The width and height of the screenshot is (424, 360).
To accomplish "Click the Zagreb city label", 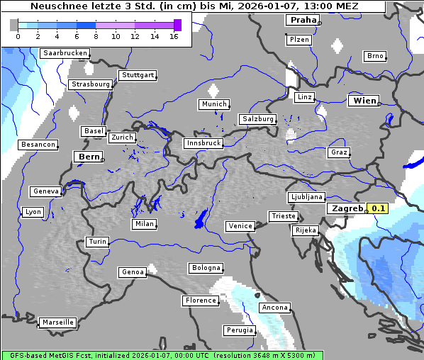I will click(346, 209).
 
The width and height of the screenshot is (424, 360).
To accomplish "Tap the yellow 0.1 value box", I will click(379, 209).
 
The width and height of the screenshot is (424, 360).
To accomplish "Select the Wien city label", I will click(364, 101).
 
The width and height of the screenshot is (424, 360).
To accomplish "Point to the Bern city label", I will click(89, 157).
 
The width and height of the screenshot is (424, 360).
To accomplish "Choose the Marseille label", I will click(57, 322).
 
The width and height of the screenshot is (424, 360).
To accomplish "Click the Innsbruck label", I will click(203, 143).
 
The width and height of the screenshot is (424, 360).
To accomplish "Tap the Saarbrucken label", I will click(65, 53).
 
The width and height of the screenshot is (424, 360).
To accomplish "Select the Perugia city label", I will click(240, 330).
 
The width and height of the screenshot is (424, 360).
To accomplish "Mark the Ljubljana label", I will click(306, 197).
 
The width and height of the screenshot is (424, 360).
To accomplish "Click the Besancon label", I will click(38, 145).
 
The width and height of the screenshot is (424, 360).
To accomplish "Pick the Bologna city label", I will click(206, 268).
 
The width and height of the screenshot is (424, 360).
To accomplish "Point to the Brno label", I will click(375, 56).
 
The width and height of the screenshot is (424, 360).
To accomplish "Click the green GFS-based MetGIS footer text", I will click(162, 355).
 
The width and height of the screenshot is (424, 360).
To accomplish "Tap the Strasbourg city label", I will click(91, 84).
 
